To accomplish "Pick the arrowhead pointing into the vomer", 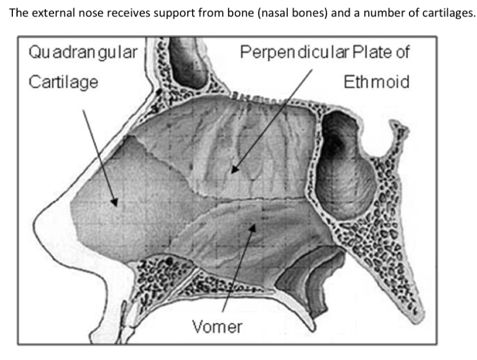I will tap(253, 225).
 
